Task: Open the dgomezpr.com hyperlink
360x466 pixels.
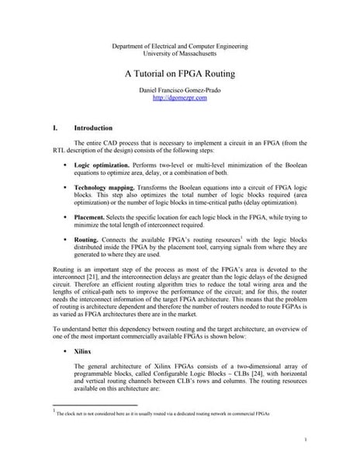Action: tap(180, 99)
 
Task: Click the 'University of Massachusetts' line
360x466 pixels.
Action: tap(180, 54)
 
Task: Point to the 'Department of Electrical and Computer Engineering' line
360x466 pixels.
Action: tap(180, 47)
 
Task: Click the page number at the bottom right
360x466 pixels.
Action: tap(307, 440)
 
